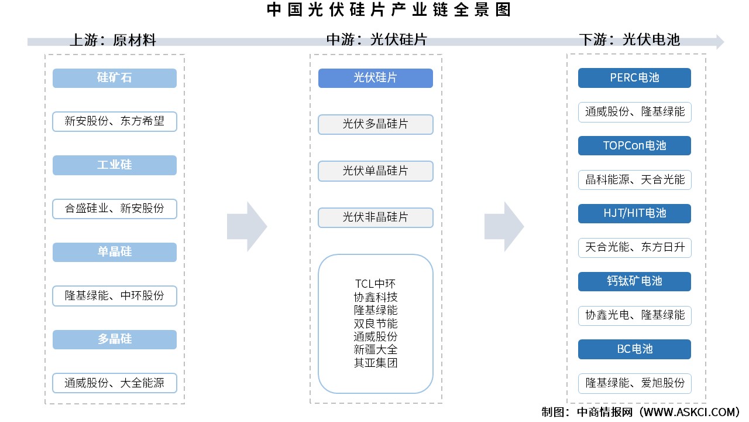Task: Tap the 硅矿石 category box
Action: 115,78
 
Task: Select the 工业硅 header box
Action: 115,165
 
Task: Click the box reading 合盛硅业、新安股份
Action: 115,209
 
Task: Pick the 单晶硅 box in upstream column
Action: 115,252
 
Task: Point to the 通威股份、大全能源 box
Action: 115,383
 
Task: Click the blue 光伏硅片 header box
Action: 375,78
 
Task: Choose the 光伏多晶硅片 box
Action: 375,124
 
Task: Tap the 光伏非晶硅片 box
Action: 375,217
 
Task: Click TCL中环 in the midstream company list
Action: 375,284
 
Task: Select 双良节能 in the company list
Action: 375,324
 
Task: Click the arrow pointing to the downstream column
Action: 504,226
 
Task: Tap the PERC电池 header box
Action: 634,78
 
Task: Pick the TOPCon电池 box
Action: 634,146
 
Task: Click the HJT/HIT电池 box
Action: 634,213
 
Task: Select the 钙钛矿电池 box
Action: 634,281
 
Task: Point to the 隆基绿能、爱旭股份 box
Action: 634,383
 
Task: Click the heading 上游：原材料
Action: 113,40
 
